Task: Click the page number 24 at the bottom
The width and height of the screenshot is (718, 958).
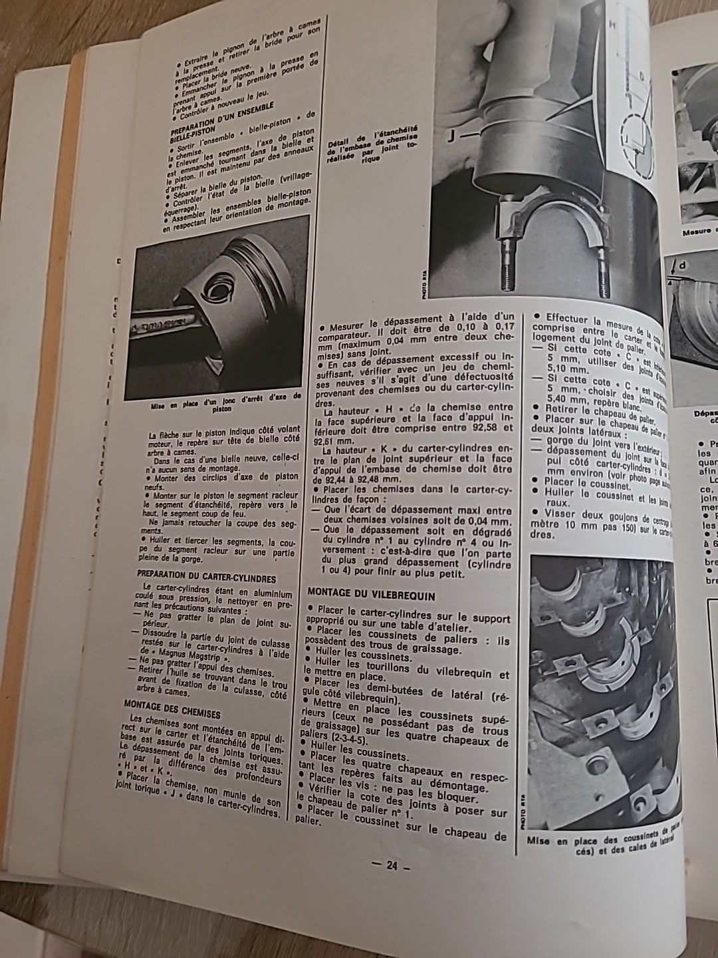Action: point(391,866)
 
